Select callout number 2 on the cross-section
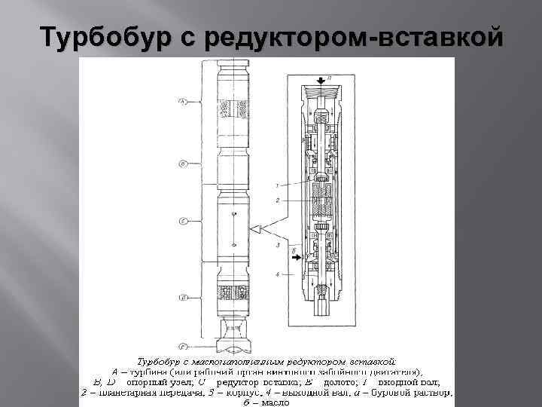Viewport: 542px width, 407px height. pyautogui.click(x=278, y=200)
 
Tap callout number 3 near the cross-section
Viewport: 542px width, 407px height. pyautogui.click(x=278, y=246)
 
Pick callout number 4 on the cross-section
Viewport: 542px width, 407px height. pyautogui.click(x=278, y=274)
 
